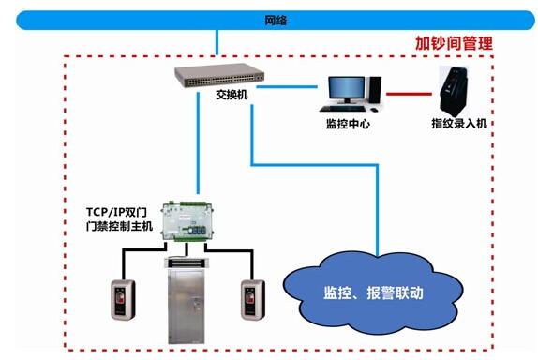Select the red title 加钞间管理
coord(454,43)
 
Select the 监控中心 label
coord(348,123)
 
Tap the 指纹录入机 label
coord(458,123)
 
